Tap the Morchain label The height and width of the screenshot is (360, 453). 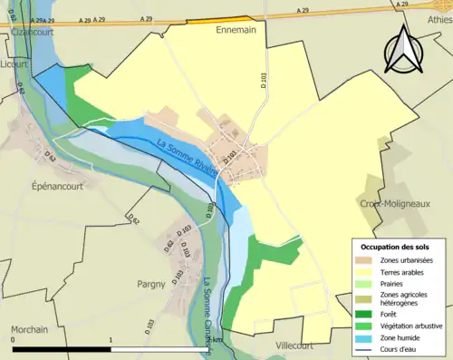point(29,328)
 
